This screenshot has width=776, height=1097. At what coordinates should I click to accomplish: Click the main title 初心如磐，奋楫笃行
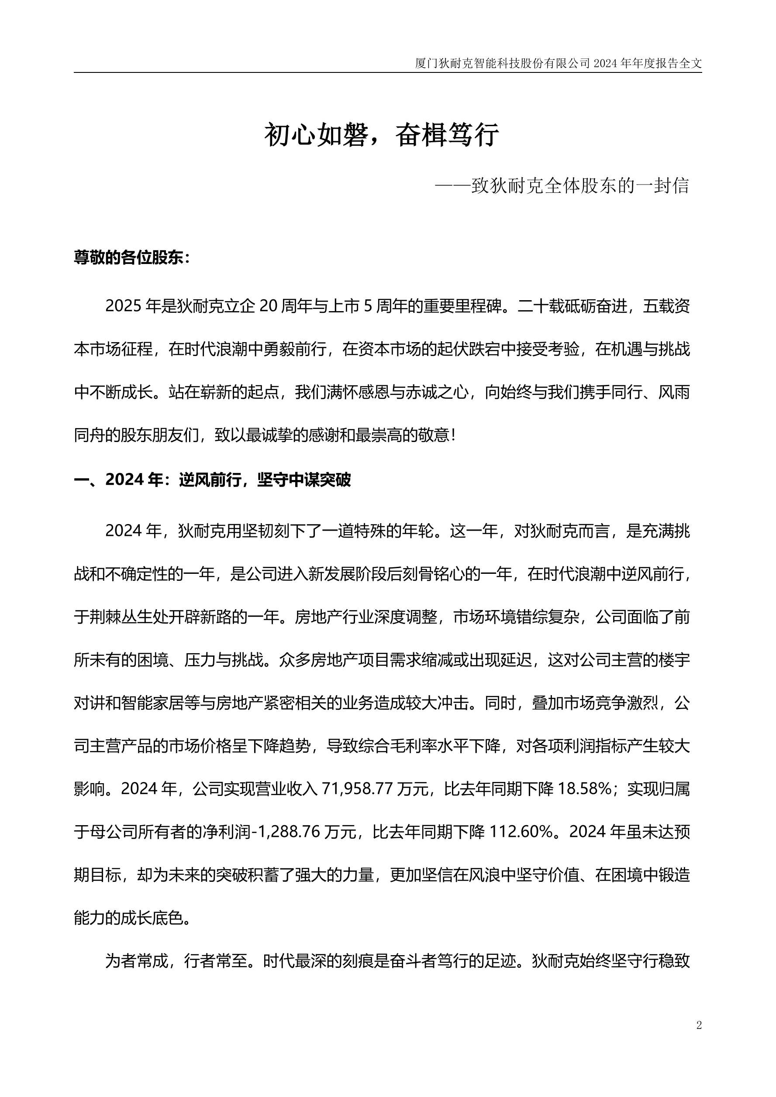click(x=382, y=135)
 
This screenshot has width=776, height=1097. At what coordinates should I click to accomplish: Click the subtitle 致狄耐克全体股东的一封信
click(x=579, y=186)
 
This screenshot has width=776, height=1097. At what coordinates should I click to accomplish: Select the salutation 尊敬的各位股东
click(x=128, y=258)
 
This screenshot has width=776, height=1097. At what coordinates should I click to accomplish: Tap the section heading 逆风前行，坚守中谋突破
click(x=265, y=480)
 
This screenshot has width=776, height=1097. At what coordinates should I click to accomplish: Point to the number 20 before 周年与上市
click(x=268, y=306)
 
